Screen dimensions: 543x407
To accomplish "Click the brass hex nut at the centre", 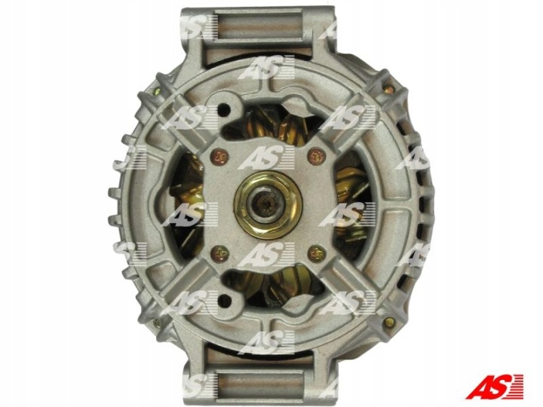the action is coord(268,204).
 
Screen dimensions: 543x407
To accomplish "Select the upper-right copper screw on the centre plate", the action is coord(317,157).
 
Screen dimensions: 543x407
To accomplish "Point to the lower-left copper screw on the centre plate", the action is coord(220,254).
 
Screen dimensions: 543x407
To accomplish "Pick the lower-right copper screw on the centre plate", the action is coord(317,253).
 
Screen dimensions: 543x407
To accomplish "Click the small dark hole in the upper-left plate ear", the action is coord(224,110).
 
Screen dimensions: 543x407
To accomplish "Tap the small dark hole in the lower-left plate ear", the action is coord(225,301).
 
